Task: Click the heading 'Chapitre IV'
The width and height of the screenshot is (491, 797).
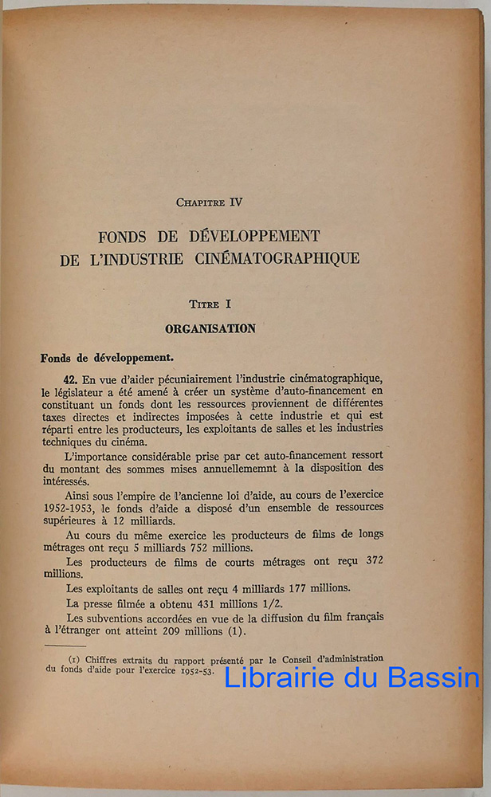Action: pos(209,202)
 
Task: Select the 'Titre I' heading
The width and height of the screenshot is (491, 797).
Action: pos(210,304)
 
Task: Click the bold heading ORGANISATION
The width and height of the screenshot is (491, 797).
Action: pos(210,328)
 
